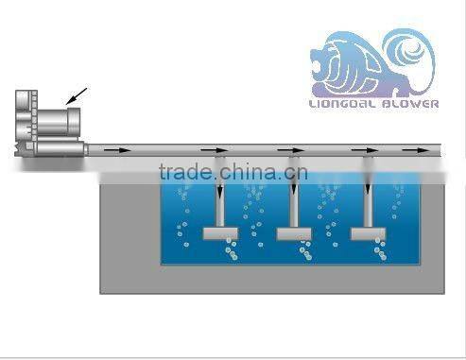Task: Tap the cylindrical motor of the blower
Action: click(57, 122)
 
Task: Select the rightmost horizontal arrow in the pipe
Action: click(412, 149)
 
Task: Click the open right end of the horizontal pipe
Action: click(440, 149)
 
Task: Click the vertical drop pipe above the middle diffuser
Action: click(294, 203)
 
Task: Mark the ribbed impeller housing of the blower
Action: click(26, 123)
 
